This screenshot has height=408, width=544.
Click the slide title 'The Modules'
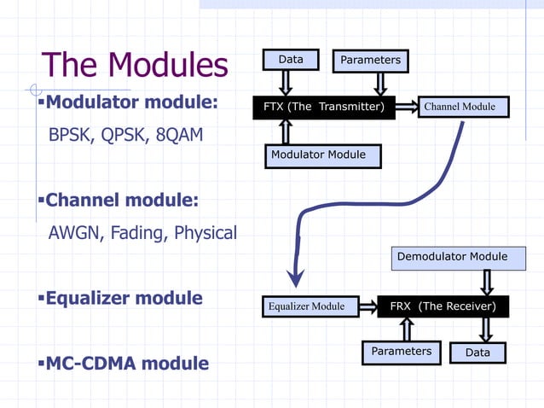tap(135, 66)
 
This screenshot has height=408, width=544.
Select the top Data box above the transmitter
tap(291, 60)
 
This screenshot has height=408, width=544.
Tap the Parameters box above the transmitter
tap(370, 61)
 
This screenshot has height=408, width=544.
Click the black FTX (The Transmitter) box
tap(323, 108)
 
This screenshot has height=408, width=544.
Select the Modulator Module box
tap(322, 155)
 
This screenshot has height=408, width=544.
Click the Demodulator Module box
tap(458, 257)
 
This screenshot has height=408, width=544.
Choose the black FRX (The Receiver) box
tap(443, 306)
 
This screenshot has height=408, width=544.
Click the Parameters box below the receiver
tap(401, 352)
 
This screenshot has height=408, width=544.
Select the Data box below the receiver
tap(477, 353)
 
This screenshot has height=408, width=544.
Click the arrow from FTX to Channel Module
tap(406, 108)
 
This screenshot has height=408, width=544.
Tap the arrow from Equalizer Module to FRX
tap(366, 306)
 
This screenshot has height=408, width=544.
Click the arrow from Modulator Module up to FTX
tap(286, 131)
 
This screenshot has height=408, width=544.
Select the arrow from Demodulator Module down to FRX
tap(487, 283)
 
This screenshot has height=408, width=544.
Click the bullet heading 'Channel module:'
tap(121, 201)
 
